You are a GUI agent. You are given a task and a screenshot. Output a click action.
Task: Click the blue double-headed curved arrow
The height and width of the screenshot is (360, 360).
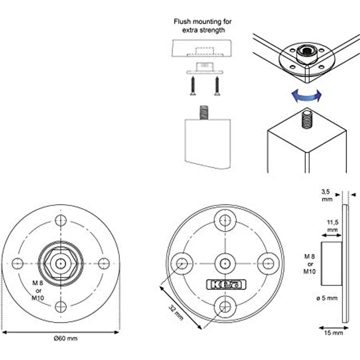(307, 96)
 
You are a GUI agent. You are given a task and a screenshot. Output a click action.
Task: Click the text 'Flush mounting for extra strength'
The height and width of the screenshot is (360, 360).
(203, 26)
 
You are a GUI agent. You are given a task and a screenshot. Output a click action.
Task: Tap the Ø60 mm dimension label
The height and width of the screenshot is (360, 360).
(66, 338)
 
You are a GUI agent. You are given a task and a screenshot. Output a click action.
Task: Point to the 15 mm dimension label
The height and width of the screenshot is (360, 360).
(333, 333)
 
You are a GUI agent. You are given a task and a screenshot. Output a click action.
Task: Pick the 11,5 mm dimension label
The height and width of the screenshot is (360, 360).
(333, 225)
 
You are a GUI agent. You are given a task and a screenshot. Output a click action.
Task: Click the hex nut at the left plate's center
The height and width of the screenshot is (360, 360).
(60, 263)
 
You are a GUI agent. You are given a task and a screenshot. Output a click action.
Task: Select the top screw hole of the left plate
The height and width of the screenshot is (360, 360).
(60, 220)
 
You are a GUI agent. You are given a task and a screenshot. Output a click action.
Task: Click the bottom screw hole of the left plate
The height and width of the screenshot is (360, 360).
(60, 307)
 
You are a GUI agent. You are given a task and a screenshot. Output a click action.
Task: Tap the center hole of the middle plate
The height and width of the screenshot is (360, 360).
(225, 263)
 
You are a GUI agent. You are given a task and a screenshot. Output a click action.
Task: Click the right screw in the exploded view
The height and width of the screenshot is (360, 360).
(216, 86)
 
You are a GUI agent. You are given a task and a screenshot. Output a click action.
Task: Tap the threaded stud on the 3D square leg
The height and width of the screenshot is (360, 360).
(307, 119)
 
